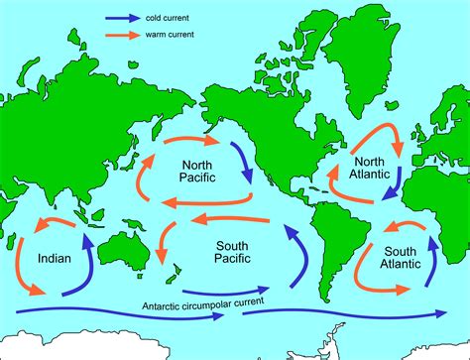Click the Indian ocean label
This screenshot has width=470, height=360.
54,259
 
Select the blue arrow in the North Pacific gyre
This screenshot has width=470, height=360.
242,163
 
